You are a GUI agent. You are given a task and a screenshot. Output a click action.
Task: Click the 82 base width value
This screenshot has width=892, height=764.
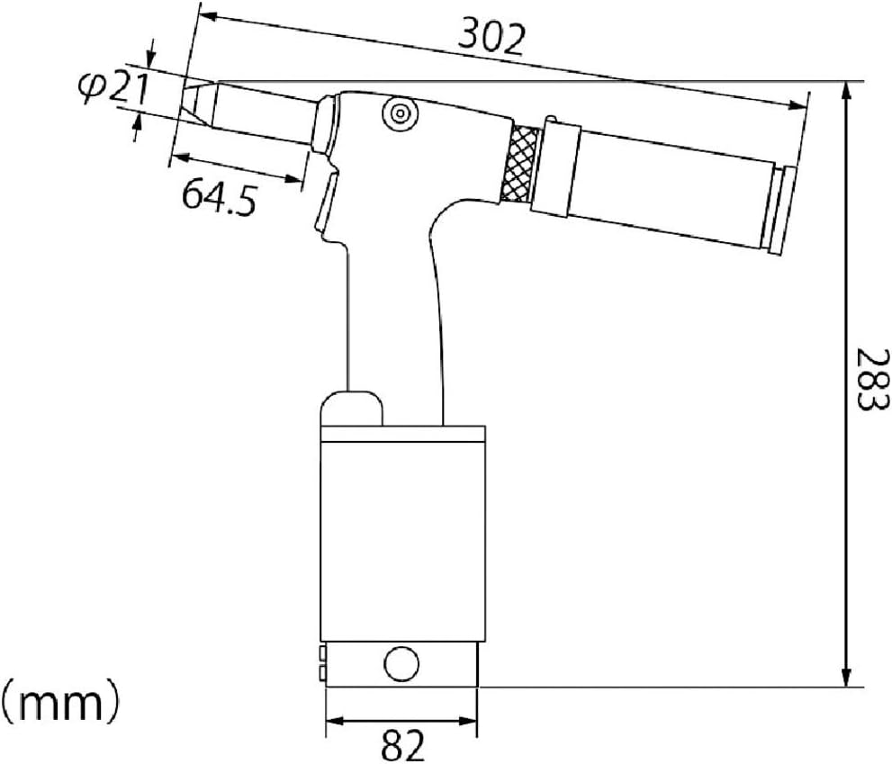point(401,744)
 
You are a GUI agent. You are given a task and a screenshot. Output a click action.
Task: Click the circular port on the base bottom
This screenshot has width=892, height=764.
point(401,665)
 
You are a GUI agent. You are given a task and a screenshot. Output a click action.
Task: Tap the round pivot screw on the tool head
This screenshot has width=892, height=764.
point(395,113)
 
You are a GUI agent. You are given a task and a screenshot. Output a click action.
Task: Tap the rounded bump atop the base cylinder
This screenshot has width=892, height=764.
point(351,408)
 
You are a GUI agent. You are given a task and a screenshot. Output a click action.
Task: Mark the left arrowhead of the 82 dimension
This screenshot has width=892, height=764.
point(330,721)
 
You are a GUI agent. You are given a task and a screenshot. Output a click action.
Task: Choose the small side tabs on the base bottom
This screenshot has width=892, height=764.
point(320,663)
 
